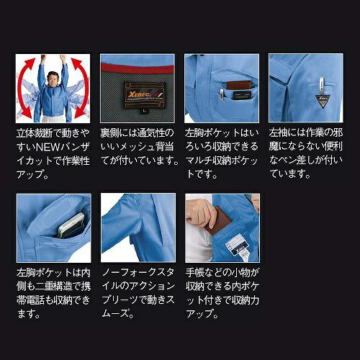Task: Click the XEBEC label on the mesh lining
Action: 145,95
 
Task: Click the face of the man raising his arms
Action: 53,78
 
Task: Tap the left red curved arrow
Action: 24,88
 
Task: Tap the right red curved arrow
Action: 81,88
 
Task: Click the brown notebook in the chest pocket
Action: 239,86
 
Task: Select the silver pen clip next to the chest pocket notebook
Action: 222,94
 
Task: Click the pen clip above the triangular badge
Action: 321,86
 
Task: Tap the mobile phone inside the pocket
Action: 71,225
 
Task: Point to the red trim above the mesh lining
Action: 138,68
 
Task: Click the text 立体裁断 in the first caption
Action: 35,133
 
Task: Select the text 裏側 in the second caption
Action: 109,133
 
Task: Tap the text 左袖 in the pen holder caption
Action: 278,132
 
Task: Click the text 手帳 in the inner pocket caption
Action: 195,272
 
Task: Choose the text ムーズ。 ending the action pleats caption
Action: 118,313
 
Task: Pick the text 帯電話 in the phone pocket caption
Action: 31,300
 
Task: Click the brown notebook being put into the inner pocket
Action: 218,221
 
